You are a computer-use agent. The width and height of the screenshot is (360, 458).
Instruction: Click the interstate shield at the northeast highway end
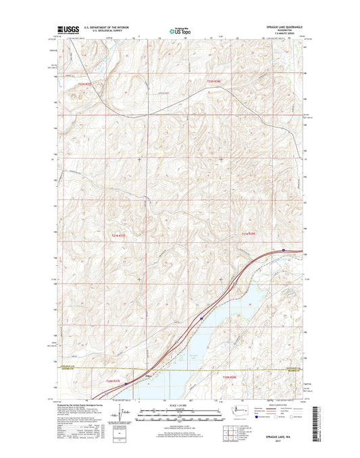click(x=284, y=250)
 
